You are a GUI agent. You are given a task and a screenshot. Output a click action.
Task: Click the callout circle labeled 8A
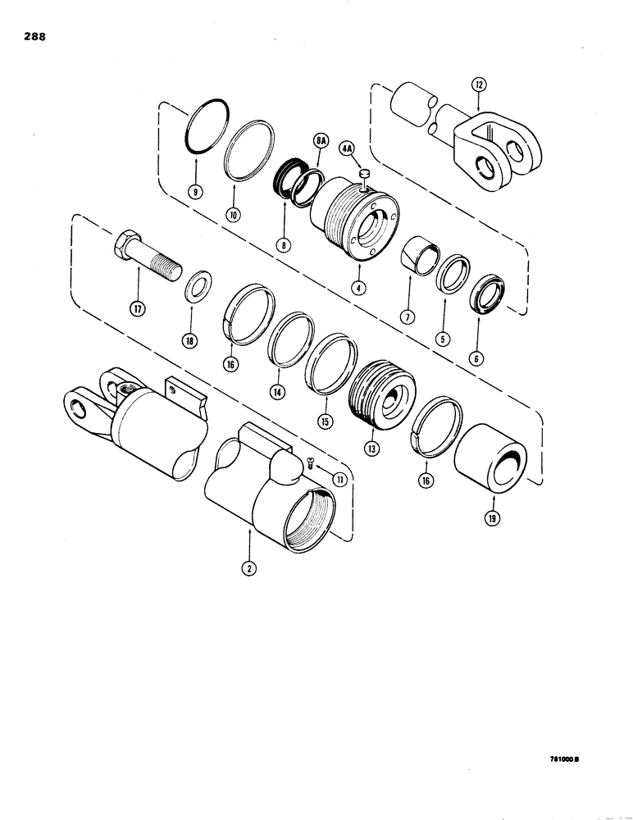(319, 142)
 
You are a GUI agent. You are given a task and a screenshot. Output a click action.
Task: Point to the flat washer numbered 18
(195, 290)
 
